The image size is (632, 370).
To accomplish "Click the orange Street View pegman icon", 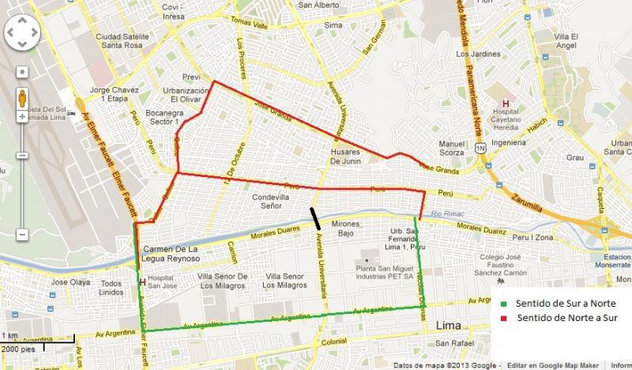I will point(23,97).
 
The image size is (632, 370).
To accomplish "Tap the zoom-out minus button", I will point(23,234).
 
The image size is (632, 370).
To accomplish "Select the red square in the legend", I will point(503,318).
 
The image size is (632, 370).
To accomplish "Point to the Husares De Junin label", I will point(345,156).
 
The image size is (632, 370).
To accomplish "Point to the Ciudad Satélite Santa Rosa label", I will point(122,40).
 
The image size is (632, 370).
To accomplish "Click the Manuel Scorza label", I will point(451,148).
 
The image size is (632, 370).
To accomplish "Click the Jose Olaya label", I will point(70,282).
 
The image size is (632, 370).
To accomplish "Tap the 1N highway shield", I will point(479,148).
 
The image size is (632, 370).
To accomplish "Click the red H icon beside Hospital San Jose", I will point(141,281).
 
